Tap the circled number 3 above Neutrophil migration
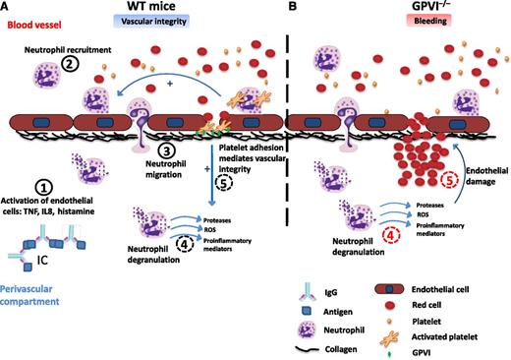[x=168, y=151]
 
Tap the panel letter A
[x=7, y=8]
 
